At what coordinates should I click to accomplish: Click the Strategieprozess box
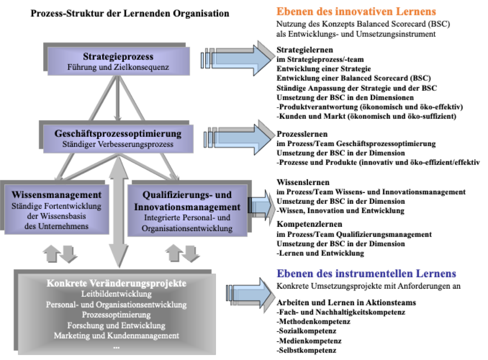pyautogui.click(x=119, y=61)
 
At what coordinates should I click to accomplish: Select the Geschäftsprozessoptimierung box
pyautogui.click(x=118, y=139)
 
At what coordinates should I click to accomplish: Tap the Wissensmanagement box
pyautogui.click(x=57, y=209)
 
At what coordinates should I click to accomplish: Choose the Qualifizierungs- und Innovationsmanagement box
pyautogui.click(x=187, y=210)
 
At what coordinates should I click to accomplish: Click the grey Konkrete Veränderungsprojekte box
pyautogui.click(x=117, y=314)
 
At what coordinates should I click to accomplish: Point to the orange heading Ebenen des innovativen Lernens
pyautogui.click(x=356, y=11)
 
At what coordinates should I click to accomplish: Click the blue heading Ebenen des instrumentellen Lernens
pyautogui.click(x=366, y=273)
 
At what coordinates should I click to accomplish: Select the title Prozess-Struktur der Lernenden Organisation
pyautogui.click(x=130, y=13)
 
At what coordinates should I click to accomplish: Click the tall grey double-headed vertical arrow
pyautogui.click(x=119, y=212)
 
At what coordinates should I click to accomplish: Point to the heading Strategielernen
pyautogui.click(x=305, y=50)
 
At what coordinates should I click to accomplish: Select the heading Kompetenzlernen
pyautogui.click(x=309, y=224)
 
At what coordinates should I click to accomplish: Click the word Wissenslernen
pyautogui.click(x=303, y=182)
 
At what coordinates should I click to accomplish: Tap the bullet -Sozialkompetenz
pyautogui.click(x=306, y=331)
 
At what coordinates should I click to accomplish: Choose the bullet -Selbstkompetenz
pyautogui.click(x=306, y=350)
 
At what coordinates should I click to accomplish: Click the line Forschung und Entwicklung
pyautogui.click(x=116, y=325)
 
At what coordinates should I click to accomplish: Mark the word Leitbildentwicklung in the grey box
pyautogui.click(x=116, y=294)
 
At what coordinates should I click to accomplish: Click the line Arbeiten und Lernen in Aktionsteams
pyautogui.click(x=346, y=303)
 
